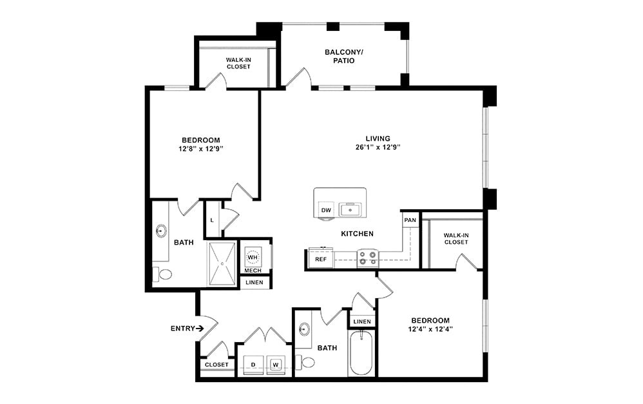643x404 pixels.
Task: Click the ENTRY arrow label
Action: (187, 328)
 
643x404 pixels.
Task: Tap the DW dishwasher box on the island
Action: (326, 210)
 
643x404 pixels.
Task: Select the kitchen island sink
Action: (350, 209)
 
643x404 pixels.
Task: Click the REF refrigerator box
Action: (320, 259)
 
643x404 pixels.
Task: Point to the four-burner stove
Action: (368, 258)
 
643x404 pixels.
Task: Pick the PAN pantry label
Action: (410, 220)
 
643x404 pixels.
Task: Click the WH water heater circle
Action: (253, 257)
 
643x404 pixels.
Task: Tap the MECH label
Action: (253, 270)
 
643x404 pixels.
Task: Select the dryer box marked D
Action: (253, 365)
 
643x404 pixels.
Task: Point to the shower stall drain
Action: (222, 264)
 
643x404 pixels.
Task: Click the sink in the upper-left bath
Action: (161, 230)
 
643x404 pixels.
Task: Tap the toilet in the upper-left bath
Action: (164, 274)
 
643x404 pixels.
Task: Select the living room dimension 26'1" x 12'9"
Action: (378, 148)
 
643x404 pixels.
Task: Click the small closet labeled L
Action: (212, 220)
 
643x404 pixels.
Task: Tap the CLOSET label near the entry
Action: (216, 365)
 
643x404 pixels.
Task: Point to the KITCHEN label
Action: (357, 234)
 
